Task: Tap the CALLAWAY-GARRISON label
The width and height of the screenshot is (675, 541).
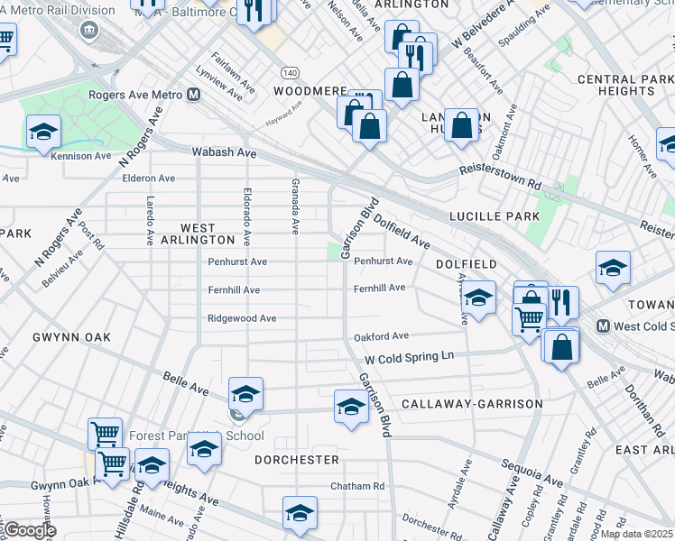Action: [x=472, y=404]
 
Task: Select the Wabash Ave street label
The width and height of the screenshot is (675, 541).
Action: [x=225, y=153]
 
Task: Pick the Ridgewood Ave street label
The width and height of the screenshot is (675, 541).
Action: [x=242, y=318]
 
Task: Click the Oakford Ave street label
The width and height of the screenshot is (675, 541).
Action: [x=381, y=336]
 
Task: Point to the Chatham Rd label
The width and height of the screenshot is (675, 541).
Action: [x=356, y=486]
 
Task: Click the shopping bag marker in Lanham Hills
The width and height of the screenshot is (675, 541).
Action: [x=461, y=126]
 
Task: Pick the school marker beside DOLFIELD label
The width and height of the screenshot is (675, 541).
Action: [x=478, y=298]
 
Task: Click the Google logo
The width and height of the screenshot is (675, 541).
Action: [x=29, y=530]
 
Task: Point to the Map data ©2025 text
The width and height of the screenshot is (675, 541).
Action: [x=636, y=534]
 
